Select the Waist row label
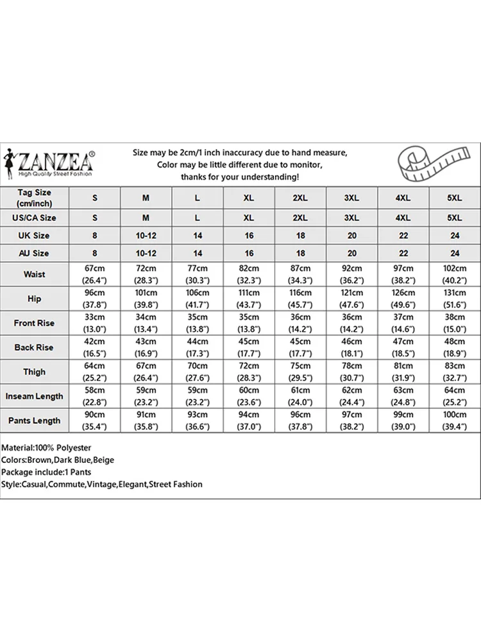click(x=35, y=274)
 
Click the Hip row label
click(x=35, y=299)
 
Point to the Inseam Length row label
click(x=35, y=396)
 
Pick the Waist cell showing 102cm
click(x=454, y=274)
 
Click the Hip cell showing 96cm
click(x=95, y=299)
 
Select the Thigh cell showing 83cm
click(x=454, y=372)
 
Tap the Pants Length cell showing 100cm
click(x=454, y=421)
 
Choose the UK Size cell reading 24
click(x=454, y=236)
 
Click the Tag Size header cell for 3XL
click(x=351, y=198)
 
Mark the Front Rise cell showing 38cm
click(x=454, y=323)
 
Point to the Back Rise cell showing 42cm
click(x=95, y=347)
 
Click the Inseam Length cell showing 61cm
click(x=300, y=396)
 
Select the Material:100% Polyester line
click(x=47, y=447)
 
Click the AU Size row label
click(x=35, y=254)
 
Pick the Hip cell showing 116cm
click(x=300, y=299)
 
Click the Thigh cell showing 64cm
click(x=95, y=372)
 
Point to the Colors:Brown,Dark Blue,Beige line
click(x=58, y=460)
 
